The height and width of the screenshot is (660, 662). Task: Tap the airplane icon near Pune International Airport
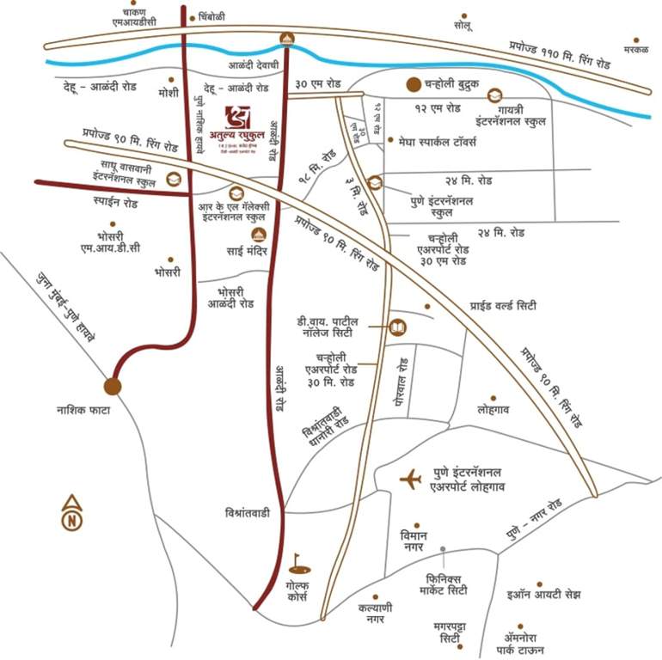(x=411, y=478)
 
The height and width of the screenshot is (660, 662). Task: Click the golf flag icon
(x=298, y=564)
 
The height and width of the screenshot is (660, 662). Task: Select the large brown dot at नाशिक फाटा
(x=113, y=386)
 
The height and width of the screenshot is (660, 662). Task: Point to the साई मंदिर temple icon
(x=258, y=235)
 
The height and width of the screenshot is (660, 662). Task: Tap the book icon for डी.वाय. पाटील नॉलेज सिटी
(x=396, y=327)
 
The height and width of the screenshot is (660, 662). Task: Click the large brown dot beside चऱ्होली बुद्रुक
(x=414, y=84)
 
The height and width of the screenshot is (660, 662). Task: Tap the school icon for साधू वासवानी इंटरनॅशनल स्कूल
(x=174, y=179)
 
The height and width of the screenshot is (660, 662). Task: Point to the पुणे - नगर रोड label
(x=534, y=522)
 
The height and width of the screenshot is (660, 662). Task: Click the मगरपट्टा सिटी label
(x=450, y=634)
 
